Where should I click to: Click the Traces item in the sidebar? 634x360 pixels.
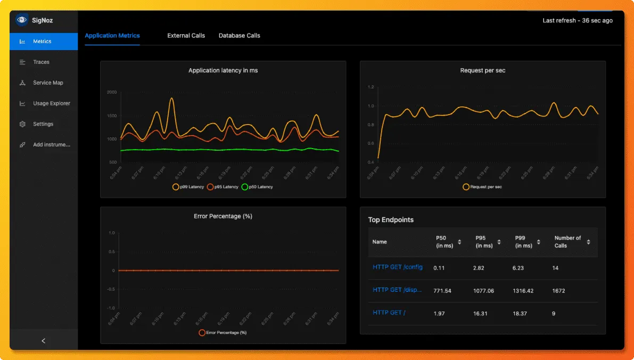pyautogui.click(x=41, y=62)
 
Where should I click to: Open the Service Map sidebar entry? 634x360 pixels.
pyautogui.click(x=47, y=83)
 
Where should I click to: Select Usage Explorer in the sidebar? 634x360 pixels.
pyautogui.click(x=51, y=103)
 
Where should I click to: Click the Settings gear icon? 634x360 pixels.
pyautogui.click(x=22, y=124)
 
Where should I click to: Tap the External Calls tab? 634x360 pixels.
pyautogui.click(x=186, y=36)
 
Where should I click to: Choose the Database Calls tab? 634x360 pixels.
pyautogui.click(x=239, y=36)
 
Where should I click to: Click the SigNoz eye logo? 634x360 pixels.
pyautogui.click(x=21, y=20)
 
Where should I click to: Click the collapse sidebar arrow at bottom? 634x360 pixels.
pyautogui.click(x=44, y=341)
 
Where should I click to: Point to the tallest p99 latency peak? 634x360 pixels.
pyautogui.click(x=171, y=99)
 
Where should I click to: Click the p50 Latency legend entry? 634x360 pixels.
pyautogui.click(x=257, y=187)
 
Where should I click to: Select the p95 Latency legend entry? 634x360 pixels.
pyautogui.click(x=223, y=187)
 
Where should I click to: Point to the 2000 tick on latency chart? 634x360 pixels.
pyautogui.click(x=111, y=92)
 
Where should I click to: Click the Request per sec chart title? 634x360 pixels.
pyautogui.click(x=482, y=70)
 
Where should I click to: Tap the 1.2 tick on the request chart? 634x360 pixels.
pyautogui.click(x=371, y=87)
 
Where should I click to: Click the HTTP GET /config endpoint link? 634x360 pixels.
pyautogui.click(x=397, y=267)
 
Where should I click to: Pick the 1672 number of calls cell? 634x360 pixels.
pyautogui.click(x=558, y=291)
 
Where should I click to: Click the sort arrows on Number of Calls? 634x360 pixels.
pyautogui.click(x=588, y=242)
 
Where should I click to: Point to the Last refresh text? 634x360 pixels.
pyautogui.click(x=577, y=21)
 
